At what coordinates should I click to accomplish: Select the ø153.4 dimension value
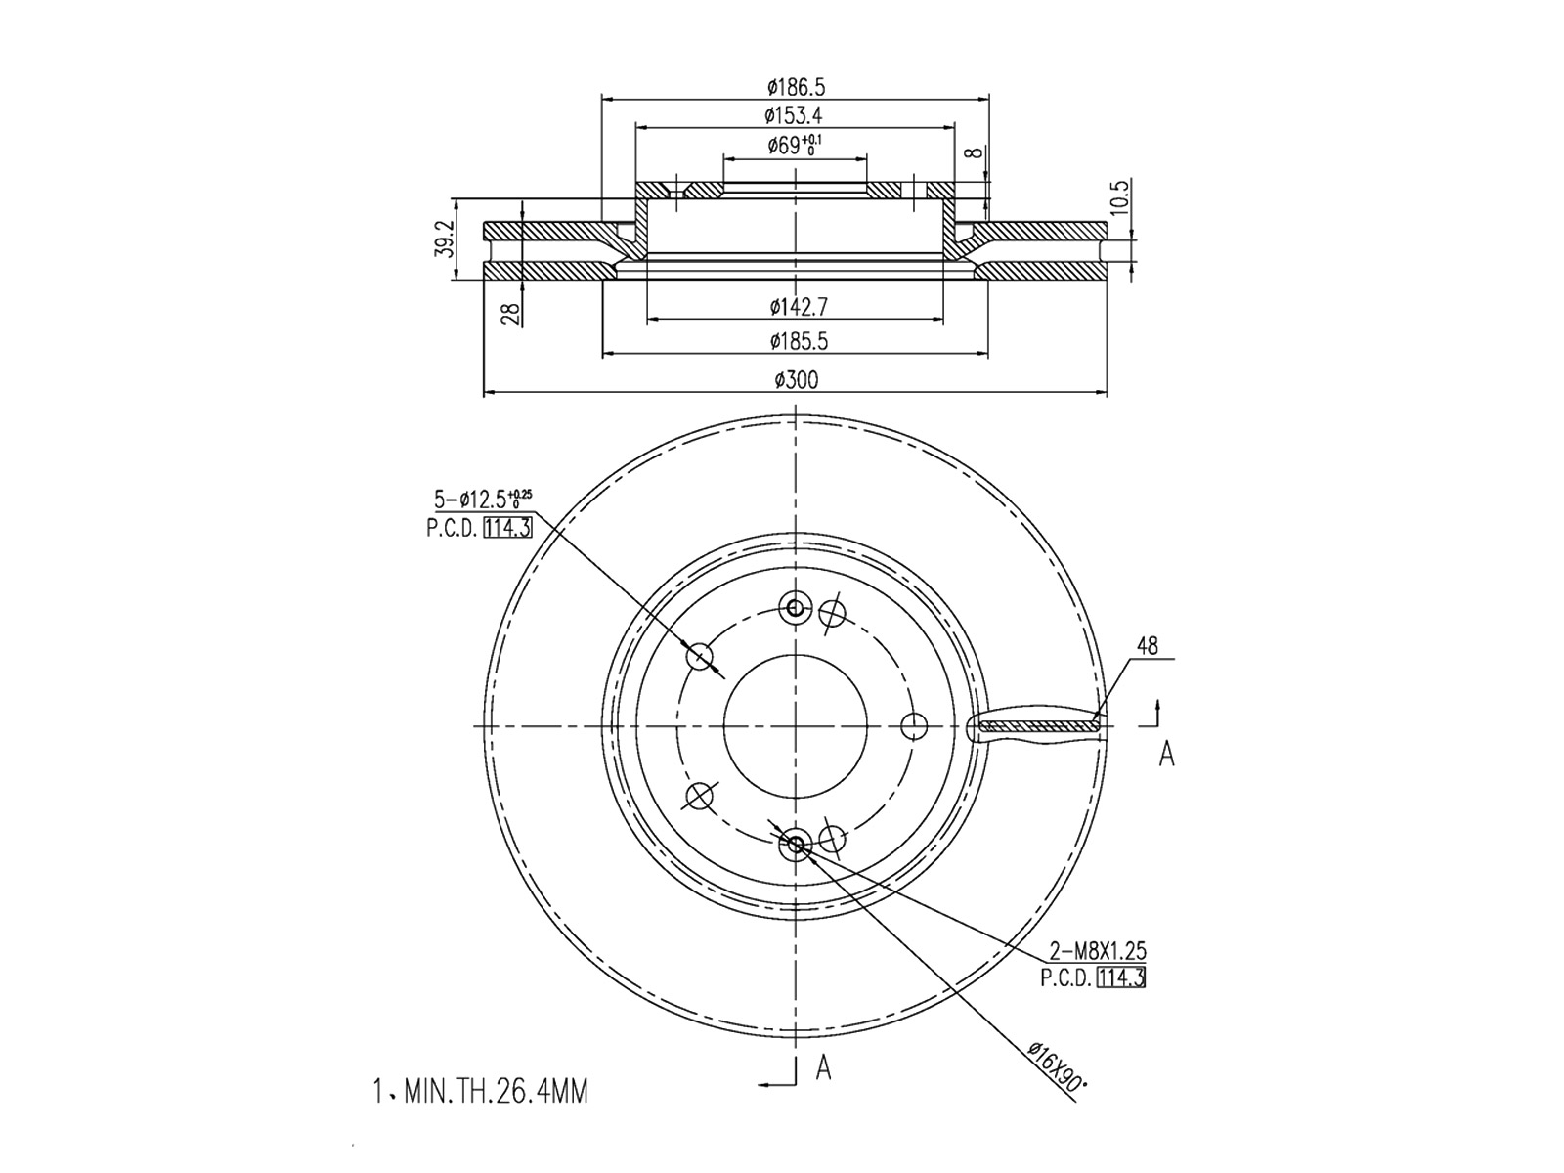click(x=793, y=115)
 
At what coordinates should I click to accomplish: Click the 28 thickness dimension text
click(x=509, y=313)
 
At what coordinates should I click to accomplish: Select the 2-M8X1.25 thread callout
click(x=1098, y=950)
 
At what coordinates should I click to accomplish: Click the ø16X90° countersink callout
click(x=1058, y=1068)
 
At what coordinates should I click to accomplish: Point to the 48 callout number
click(x=1147, y=646)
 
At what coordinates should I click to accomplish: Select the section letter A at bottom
click(x=824, y=1068)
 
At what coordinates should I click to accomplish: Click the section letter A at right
click(x=1166, y=754)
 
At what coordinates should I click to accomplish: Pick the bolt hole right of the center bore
click(x=914, y=726)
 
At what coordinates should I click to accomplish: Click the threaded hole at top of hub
click(x=795, y=609)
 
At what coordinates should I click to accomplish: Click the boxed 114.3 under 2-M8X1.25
click(x=1121, y=977)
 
